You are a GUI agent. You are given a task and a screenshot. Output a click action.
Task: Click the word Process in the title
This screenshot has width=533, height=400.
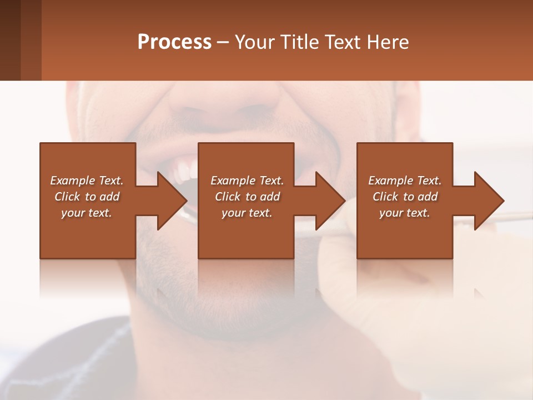[x=174, y=42]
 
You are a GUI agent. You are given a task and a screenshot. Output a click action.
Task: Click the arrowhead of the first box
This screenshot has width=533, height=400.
[x=173, y=201]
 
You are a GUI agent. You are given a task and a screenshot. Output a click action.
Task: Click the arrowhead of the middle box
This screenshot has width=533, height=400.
[x=331, y=201]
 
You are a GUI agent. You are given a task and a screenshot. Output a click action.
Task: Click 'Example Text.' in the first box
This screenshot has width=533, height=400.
[x=87, y=181]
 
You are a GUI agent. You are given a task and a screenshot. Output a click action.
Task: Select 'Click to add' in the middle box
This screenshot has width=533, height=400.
[x=247, y=197]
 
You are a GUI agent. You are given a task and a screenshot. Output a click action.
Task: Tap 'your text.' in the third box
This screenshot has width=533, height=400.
[x=405, y=213]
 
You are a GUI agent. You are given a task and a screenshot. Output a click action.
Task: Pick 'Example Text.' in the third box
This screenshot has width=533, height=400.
[x=405, y=181]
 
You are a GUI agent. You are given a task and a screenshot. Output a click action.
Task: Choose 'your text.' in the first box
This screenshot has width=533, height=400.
[x=87, y=213]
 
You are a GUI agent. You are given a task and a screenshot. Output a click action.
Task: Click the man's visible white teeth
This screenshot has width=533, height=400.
[x=183, y=172]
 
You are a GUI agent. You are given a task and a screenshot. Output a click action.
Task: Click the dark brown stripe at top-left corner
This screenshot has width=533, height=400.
[x=10, y=40]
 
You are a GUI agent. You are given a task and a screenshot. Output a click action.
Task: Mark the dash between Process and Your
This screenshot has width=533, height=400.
[x=223, y=43]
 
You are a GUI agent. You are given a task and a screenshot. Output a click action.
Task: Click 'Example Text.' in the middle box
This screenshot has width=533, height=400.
[x=247, y=181]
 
